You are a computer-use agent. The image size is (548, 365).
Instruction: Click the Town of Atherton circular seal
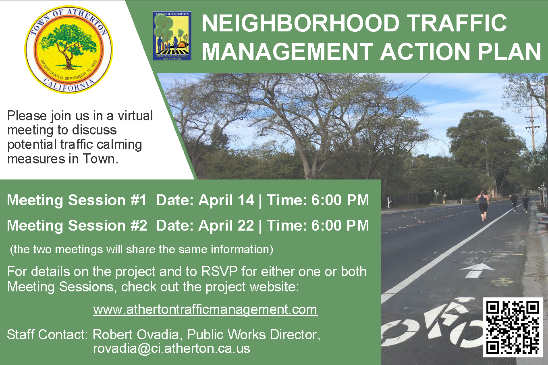pos(68,49)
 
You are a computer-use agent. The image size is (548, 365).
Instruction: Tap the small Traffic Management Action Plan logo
pos(172,36)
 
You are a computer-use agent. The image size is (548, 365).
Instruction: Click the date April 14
pos(226,200)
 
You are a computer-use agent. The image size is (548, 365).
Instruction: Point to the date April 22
pos(226,225)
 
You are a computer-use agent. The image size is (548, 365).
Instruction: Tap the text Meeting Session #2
pos(77,225)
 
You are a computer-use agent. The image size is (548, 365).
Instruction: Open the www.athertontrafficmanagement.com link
pos(205,309)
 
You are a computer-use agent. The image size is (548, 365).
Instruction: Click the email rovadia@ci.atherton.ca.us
pos(171,348)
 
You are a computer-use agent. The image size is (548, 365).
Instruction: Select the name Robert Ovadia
pos(136,334)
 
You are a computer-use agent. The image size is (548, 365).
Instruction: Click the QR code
pos(512,327)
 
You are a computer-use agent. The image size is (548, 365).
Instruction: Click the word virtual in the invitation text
pos(135,116)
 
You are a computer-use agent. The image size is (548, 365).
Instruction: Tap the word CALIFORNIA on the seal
pos(68,86)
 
